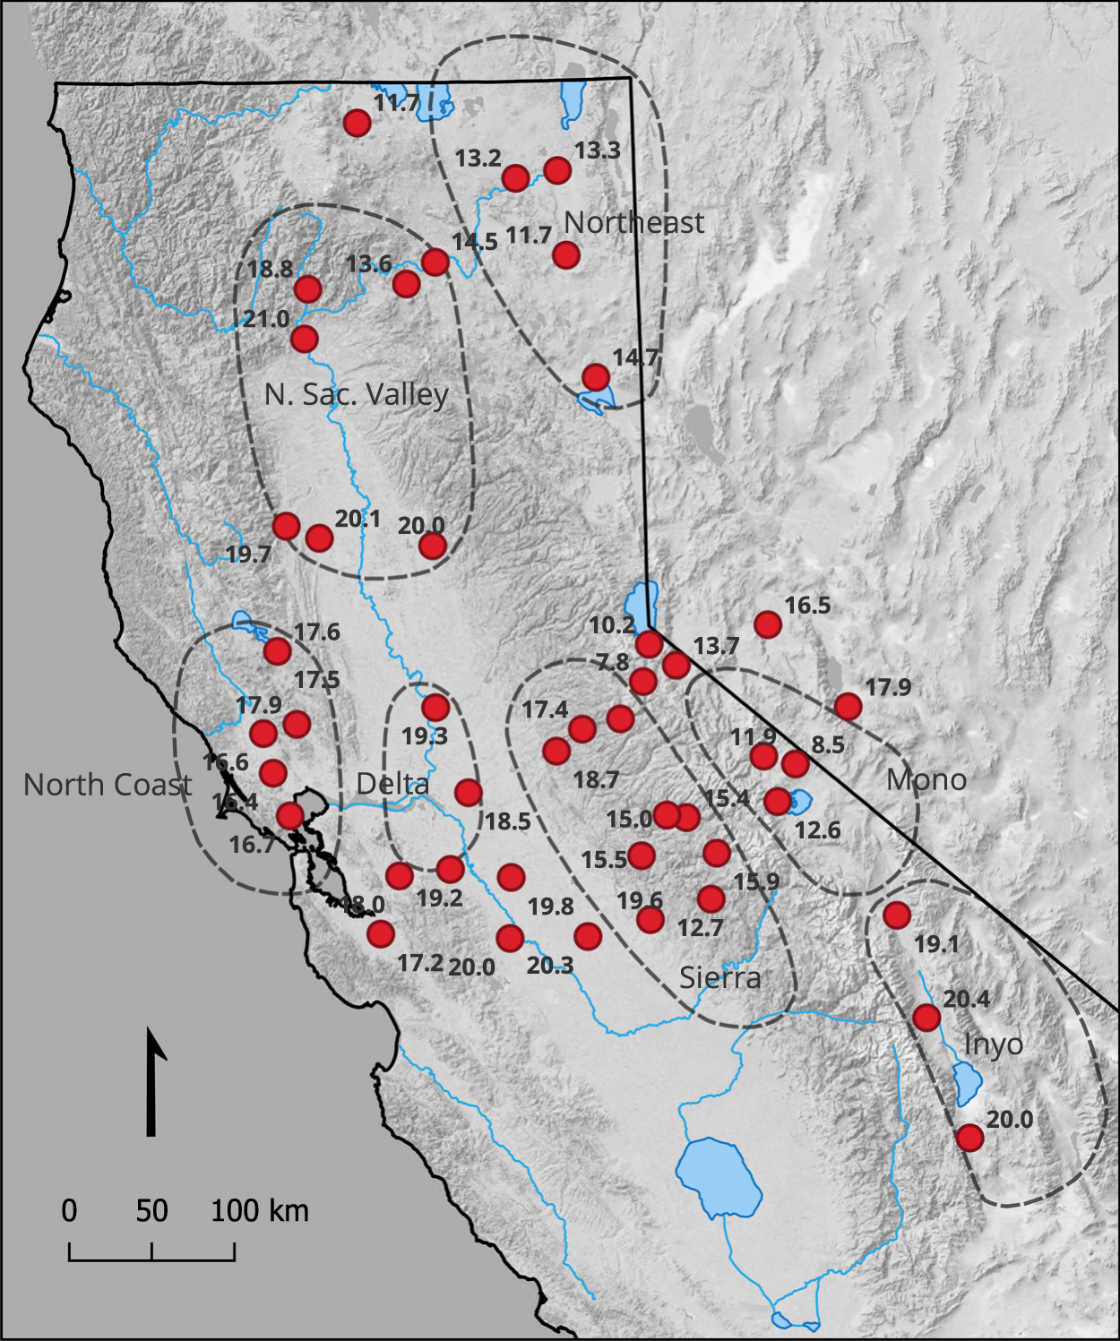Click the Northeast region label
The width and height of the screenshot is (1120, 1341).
(x=634, y=222)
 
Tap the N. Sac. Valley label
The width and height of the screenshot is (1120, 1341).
(x=356, y=394)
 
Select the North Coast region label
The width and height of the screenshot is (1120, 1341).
(x=108, y=785)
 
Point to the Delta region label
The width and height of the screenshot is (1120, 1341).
(x=392, y=784)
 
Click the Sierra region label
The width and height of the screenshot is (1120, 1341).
(x=719, y=977)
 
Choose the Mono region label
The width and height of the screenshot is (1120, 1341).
(x=926, y=779)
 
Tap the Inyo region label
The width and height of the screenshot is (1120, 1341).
(x=994, y=1044)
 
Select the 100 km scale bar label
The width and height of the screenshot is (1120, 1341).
(x=260, y=1211)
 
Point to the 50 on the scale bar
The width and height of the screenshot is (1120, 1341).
(x=151, y=1211)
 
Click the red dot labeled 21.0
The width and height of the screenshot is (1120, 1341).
(x=305, y=339)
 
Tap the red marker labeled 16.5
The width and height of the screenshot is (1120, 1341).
(x=767, y=623)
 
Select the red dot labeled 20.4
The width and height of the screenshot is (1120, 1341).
(x=926, y=1018)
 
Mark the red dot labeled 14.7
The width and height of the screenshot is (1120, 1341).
(x=595, y=376)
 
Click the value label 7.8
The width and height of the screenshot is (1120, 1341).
(x=613, y=662)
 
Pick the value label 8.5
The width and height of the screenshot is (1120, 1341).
(x=827, y=744)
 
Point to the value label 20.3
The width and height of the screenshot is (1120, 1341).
(x=549, y=966)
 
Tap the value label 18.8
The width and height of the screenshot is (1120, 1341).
(x=270, y=269)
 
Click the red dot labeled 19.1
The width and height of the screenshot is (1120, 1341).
(x=896, y=915)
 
